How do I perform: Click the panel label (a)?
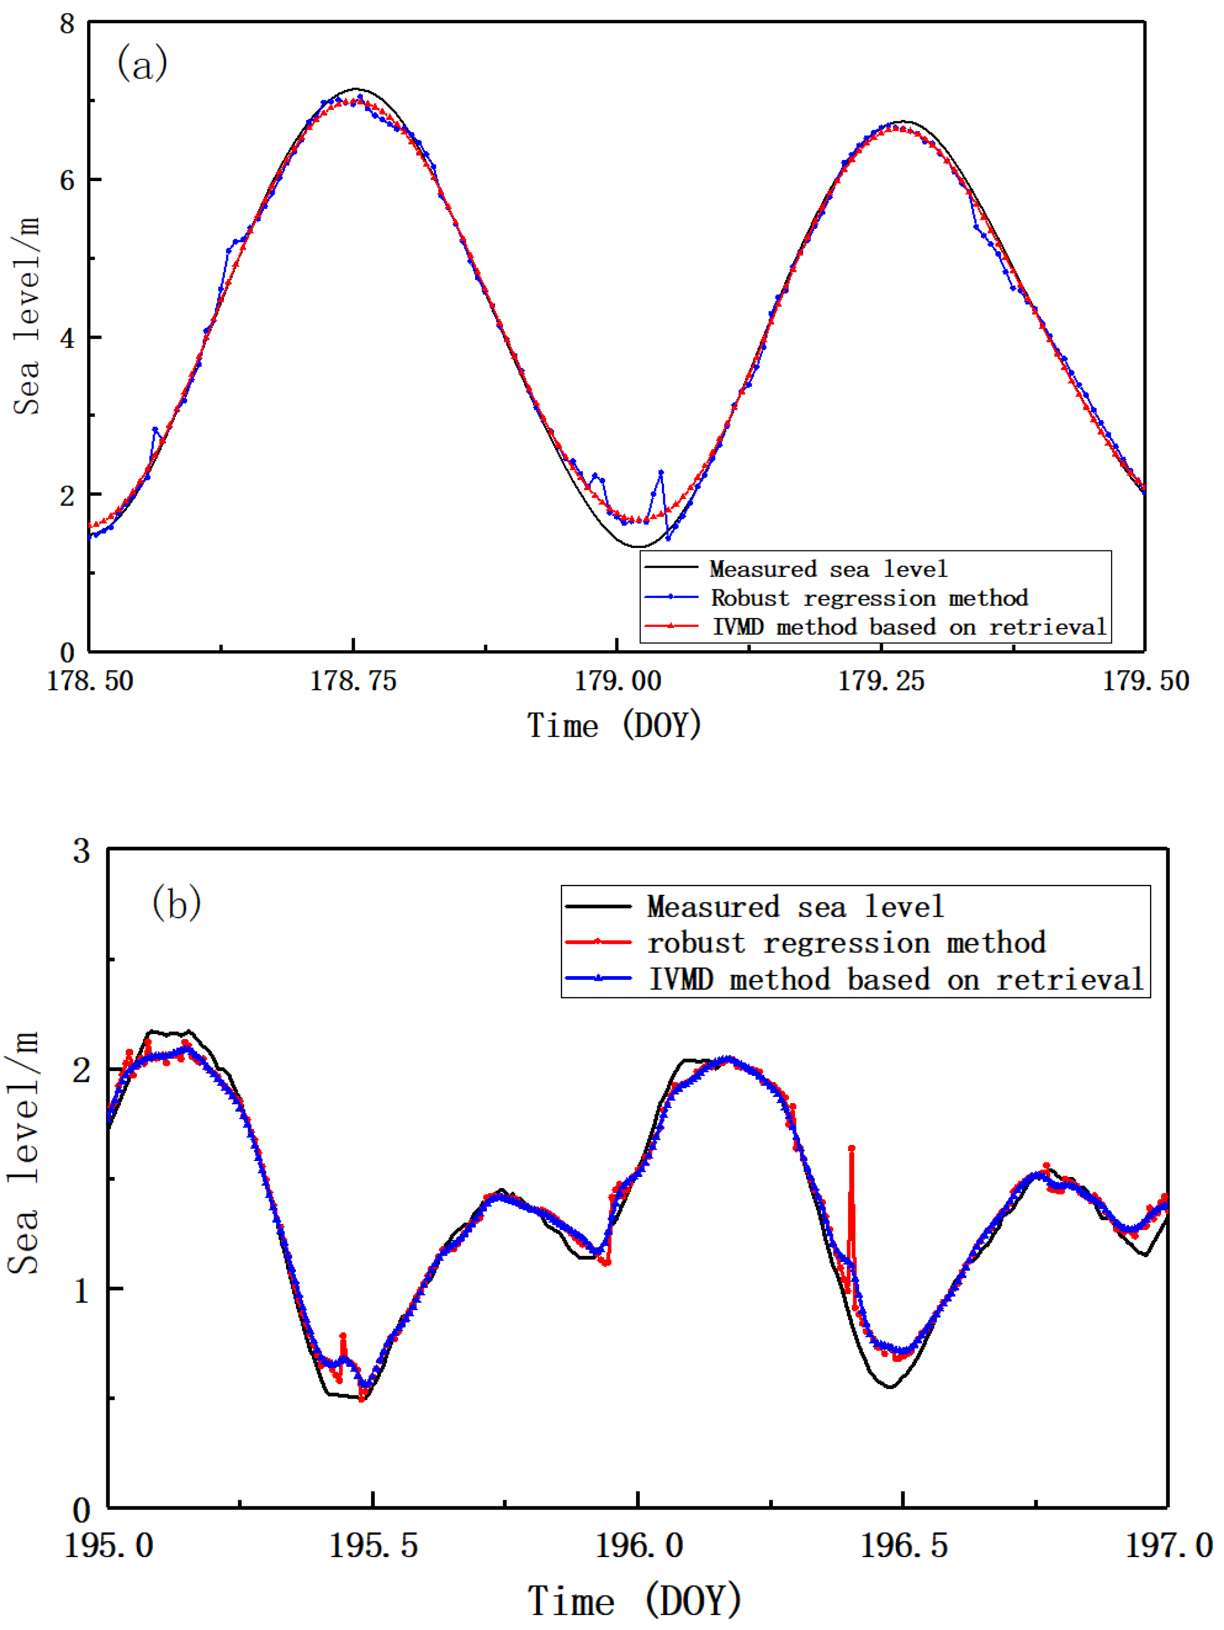click(142, 64)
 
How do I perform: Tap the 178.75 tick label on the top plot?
click(353, 680)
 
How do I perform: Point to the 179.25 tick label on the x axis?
click(882, 680)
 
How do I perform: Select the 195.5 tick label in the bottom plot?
click(373, 1545)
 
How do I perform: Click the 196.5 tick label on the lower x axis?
click(904, 1545)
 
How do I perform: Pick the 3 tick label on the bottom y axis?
click(81, 851)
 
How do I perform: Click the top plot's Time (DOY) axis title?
click(614, 726)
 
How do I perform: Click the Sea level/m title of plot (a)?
click(26, 317)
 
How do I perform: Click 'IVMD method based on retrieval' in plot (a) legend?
click(909, 627)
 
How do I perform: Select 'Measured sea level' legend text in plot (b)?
click(795, 906)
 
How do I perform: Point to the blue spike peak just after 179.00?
click(661, 472)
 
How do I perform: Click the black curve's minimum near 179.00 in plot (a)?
click(638, 547)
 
